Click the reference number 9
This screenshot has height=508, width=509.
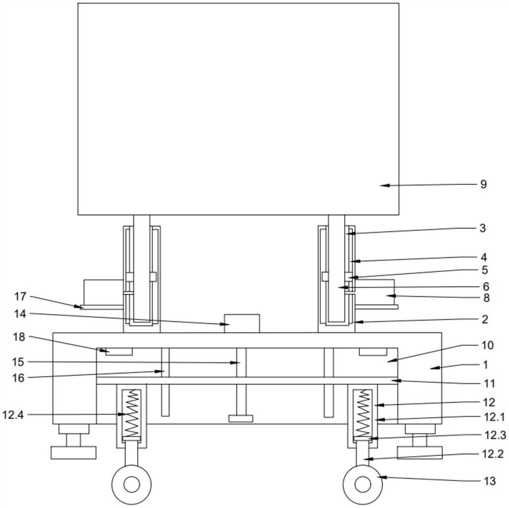pos(484,184)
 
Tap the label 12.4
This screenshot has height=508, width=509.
pos(13,414)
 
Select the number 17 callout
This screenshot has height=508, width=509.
pos(20,296)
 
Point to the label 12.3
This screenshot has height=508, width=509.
pos(495,435)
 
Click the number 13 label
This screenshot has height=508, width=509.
pos(490,481)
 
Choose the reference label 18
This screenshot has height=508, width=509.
pos(19,337)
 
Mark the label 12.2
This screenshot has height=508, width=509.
pos(493,454)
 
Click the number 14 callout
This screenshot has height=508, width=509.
pos(20,314)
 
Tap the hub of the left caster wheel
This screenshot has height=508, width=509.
pos(131,484)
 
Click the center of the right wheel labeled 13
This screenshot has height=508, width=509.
pos(362,484)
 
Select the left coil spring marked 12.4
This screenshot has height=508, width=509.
pos(131,413)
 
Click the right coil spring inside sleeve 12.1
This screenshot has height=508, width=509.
pos(363,413)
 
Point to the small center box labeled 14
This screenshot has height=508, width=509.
pos(242,323)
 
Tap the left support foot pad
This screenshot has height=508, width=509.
pos(74,453)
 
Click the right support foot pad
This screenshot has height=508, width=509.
pos(420,453)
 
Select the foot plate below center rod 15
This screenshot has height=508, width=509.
pos(241,418)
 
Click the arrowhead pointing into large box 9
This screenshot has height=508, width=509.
pos(384,185)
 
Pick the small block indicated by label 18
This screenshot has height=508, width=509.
pos(119,352)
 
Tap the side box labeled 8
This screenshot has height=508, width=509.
pos(375,292)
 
